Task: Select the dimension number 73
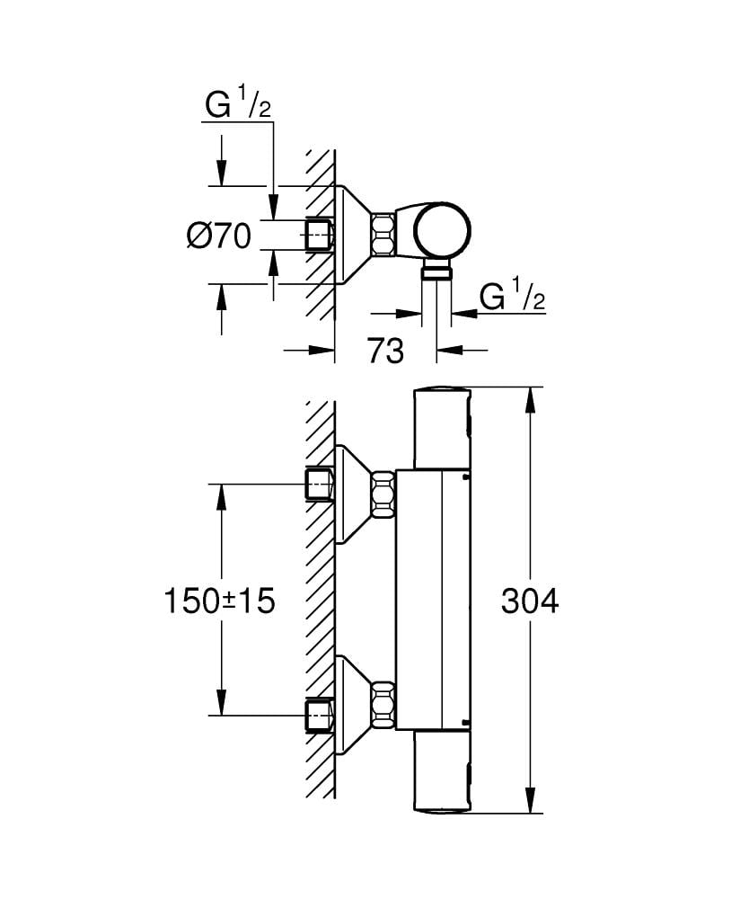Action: [385, 351]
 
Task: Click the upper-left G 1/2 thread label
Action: [237, 106]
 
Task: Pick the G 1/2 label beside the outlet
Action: [512, 297]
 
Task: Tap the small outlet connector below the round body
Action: [437, 272]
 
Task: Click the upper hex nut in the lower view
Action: [383, 494]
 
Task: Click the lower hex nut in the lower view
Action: [383, 705]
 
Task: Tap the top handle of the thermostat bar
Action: [441, 427]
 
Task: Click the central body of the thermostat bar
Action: [434, 601]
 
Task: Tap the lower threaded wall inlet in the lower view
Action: [319, 716]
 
